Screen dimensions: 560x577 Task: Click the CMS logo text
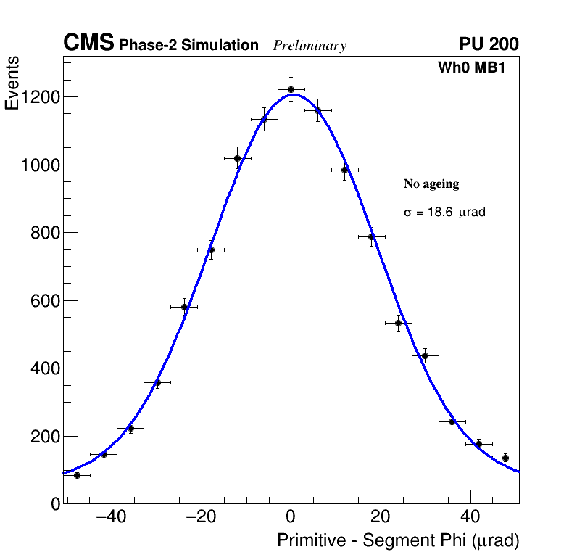pos(88,44)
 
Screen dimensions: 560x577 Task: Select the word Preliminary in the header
pos(310,46)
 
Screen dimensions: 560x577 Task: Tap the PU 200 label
pos(489,44)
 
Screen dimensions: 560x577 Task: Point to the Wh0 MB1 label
pos(470,67)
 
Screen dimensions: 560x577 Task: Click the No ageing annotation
pos(431,184)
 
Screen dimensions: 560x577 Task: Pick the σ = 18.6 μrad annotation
pos(444,213)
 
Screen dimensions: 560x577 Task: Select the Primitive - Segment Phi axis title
pos(398,540)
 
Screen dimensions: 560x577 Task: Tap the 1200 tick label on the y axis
pos(39,97)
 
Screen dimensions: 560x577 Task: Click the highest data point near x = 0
pos(291,89)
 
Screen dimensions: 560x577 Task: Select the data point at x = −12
pos(237,158)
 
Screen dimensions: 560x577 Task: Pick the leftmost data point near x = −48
pos(77,475)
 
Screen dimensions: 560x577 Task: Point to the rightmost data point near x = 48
pos(505,458)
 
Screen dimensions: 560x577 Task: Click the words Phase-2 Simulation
pos(188,46)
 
